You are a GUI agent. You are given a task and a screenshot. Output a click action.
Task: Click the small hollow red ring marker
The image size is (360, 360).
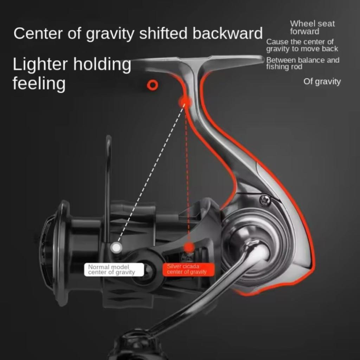pyautogui.click(x=153, y=84)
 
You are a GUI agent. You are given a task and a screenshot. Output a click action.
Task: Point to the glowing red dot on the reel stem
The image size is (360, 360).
pyautogui.click(x=185, y=102)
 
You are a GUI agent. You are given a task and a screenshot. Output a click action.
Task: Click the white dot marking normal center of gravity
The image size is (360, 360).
pyautogui.click(x=116, y=247)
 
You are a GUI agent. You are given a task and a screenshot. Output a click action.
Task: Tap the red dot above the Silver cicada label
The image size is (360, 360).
pyautogui.click(x=189, y=246)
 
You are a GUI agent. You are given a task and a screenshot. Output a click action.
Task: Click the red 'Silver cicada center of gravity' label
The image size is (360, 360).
pyautogui.click(x=186, y=270)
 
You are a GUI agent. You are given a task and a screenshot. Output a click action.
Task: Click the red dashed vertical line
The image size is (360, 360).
pyautogui.click(x=187, y=176)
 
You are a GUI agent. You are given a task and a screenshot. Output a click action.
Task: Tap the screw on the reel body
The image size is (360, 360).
pyautogui.click(x=265, y=200)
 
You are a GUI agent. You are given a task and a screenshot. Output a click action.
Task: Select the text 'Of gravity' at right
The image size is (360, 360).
pyautogui.click(x=322, y=82)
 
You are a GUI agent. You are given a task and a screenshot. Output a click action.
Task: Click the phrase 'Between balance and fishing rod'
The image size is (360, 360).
pyautogui.click(x=302, y=63)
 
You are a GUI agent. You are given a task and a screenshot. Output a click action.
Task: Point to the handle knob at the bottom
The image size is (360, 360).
pyautogui.click(x=134, y=346)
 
